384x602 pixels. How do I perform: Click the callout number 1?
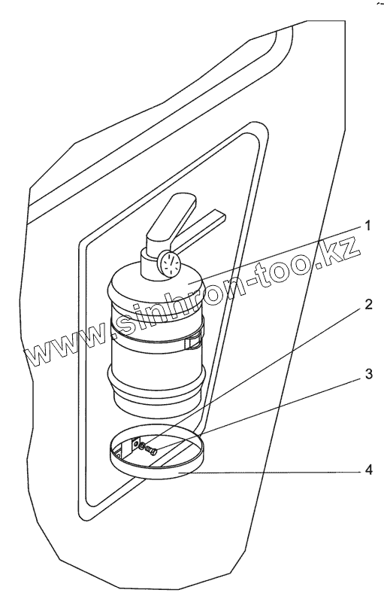coord(367,226)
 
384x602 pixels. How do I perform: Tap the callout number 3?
coord(368,374)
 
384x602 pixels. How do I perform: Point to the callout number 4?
coord(368,470)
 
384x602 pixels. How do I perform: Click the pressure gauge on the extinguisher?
coord(168,263)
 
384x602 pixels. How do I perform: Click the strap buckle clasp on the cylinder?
coord(194,342)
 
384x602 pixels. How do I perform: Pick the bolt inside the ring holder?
coord(150,450)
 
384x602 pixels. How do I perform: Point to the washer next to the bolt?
coord(142,446)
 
